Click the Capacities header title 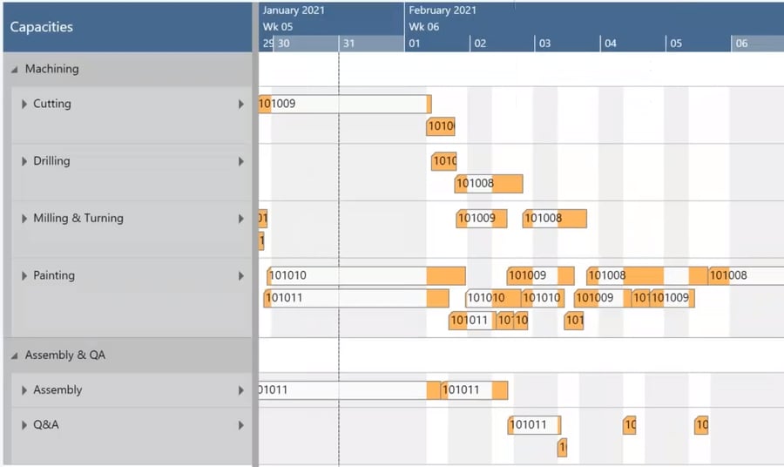(x=41, y=27)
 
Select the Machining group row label (x=51, y=69)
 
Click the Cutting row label (x=51, y=104)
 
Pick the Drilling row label (x=51, y=161)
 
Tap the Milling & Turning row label (x=78, y=219)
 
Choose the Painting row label (x=54, y=276)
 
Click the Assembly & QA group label (x=65, y=355)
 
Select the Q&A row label (x=46, y=425)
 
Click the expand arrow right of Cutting (x=241, y=105)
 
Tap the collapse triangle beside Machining (x=15, y=70)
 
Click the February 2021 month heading (x=443, y=10)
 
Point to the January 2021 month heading (x=294, y=10)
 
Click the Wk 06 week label (x=424, y=27)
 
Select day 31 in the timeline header (x=348, y=44)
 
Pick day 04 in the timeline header (x=611, y=44)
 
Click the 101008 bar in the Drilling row (x=488, y=184)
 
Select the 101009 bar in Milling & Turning (x=481, y=219)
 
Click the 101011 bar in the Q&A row (x=534, y=425)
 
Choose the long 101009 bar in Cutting (x=344, y=105)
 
